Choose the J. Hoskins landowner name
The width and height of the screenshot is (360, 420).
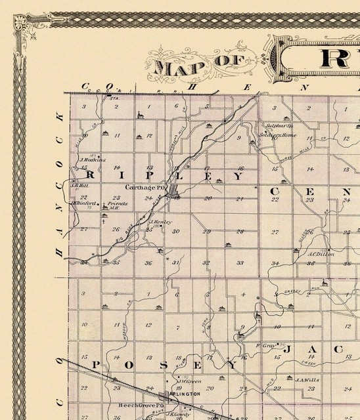pos(89,159)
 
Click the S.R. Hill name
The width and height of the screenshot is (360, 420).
pos(78,186)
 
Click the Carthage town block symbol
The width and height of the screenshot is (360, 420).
pos(173,194)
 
